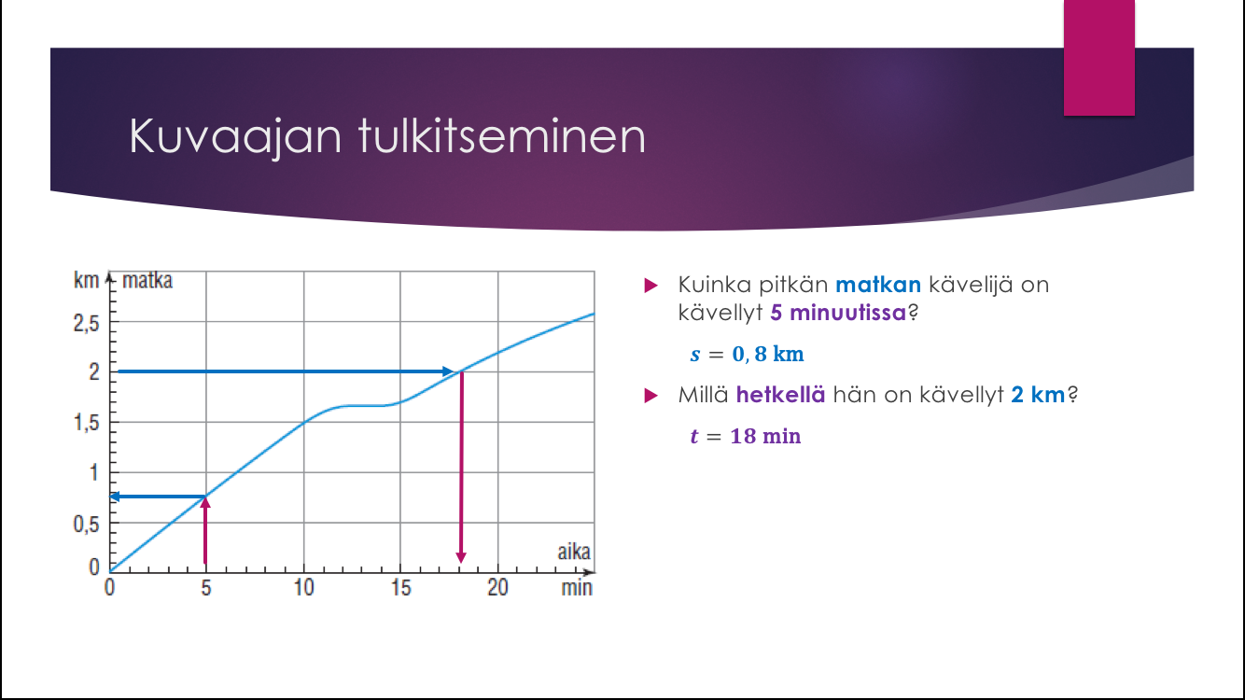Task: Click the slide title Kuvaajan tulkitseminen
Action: tap(387, 137)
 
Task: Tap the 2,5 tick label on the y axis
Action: tap(86, 323)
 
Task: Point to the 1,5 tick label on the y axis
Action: tap(86, 423)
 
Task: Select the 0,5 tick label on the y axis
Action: tap(86, 524)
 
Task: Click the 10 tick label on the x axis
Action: tap(304, 588)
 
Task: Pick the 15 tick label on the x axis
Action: tap(400, 588)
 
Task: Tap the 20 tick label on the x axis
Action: tap(498, 588)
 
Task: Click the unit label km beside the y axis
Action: tap(86, 280)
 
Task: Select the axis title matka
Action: tap(147, 280)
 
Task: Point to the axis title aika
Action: tap(574, 552)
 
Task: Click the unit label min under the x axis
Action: tap(577, 588)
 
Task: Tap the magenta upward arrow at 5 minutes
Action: tap(205, 530)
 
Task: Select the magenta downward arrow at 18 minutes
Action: tap(461, 467)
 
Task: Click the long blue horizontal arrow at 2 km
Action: tap(286, 371)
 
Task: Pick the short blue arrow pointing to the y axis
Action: tap(159, 497)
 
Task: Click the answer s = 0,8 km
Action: tap(747, 354)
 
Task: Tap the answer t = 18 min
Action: tap(746, 437)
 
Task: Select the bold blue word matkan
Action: tap(878, 285)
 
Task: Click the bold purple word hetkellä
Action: tap(780, 395)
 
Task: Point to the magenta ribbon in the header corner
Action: tap(1098, 58)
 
